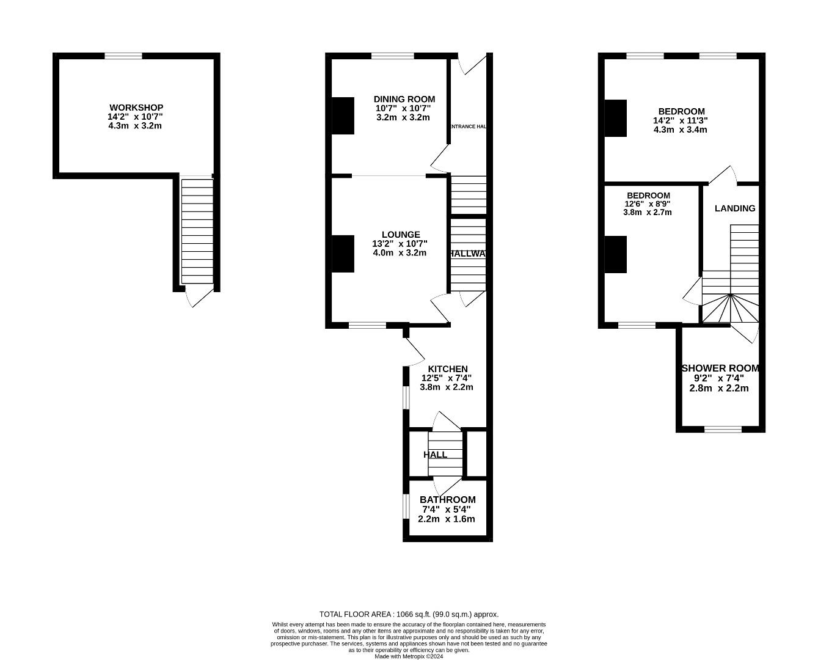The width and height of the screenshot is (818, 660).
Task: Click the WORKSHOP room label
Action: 136,108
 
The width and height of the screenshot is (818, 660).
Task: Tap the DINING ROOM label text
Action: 404,99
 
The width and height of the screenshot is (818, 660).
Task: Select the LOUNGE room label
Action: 400,235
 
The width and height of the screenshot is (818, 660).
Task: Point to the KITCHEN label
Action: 447,369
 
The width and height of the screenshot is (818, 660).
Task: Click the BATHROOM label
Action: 447,500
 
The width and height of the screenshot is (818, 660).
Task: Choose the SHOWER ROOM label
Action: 720,369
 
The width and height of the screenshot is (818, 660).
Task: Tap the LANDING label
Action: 735,208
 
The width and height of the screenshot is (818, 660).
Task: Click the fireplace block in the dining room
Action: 343,116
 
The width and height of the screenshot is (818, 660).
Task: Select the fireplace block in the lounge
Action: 343,253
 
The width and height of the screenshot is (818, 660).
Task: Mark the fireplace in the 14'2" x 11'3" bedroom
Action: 616,118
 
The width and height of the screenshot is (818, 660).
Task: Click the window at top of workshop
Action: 123,56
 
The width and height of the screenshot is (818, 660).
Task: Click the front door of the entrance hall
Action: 473,64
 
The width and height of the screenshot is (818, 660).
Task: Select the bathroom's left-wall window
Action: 405,506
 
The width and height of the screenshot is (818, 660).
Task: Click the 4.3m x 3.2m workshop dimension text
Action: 135,126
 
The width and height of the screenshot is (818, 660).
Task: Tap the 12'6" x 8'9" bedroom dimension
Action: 648,204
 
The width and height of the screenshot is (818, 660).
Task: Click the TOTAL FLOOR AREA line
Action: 409,614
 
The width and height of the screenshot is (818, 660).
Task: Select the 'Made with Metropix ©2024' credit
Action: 409,656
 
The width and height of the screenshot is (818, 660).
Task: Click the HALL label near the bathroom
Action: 435,455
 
